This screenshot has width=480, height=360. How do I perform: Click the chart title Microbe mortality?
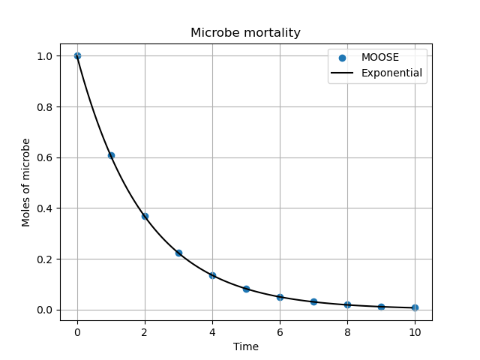tap(245, 33)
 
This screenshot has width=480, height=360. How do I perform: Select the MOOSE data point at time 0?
tap(77, 55)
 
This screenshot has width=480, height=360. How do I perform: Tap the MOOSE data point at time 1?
tap(111, 155)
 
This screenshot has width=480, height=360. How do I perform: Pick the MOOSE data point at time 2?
tap(145, 216)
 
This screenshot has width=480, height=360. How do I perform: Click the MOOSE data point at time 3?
tap(178, 253)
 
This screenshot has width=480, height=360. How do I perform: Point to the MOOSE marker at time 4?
tap(212, 275)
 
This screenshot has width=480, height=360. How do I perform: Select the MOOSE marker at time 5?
tap(246, 289)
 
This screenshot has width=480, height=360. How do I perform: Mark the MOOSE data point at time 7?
tap(313, 301)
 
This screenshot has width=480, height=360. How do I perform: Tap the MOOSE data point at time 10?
tap(415, 307)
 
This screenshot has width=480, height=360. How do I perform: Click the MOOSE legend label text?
tap(380, 58)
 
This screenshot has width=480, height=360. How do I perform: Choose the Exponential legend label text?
tap(391, 73)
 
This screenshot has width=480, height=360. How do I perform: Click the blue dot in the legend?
tap(343, 58)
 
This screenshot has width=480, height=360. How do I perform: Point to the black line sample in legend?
tap(343, 73)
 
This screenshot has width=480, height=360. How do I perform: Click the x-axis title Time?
tap(245, 346)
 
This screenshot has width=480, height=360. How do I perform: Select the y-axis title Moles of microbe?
tap(26, 182)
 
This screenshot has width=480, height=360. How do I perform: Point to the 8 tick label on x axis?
tap(347, 331)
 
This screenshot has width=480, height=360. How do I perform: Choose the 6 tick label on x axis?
tap(280, 331)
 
